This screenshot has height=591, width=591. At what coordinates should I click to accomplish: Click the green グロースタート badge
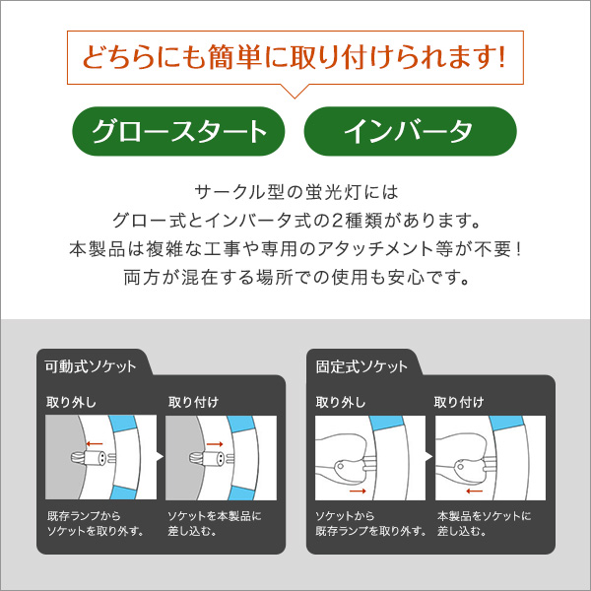tap(178, 131)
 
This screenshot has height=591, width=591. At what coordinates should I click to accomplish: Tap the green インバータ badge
tap(410, 131)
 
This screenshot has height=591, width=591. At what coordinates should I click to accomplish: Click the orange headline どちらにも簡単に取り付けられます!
tap(294, 57)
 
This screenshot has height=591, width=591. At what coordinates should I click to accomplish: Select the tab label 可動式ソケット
tap(91, 366)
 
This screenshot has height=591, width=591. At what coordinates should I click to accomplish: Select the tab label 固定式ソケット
tap(361, 366)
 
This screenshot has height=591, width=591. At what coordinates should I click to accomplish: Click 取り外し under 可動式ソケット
tap(71, 402)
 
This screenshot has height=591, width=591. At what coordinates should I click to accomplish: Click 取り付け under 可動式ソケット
tap(193, 402)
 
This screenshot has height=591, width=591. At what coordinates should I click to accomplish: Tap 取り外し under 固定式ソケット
tap(341, 402)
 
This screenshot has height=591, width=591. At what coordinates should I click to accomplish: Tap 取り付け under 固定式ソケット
tap(459, 402)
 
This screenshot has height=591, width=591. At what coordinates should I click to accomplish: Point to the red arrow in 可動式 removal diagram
tap(95, 443)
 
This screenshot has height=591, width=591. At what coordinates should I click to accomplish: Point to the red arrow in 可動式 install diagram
tap(215, 444)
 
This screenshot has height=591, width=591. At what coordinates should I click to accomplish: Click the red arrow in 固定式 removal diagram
tap(358, 491)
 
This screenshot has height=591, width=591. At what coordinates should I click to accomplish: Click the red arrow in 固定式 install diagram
tap(474, 491)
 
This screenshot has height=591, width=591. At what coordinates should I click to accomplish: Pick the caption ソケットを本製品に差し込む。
tap(214, 523)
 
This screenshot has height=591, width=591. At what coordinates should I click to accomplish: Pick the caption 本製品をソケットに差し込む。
tap(484, 523)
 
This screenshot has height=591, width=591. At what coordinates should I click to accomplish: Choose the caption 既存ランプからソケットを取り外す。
tap(95, 523)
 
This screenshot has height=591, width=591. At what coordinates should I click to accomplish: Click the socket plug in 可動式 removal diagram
tap(94, 458)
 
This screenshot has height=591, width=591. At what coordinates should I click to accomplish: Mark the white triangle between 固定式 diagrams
tap(428, 457)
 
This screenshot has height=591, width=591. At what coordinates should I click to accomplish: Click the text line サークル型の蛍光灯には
tap(296, 192)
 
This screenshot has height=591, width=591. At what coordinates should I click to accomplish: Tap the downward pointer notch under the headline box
tap(295, 93)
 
